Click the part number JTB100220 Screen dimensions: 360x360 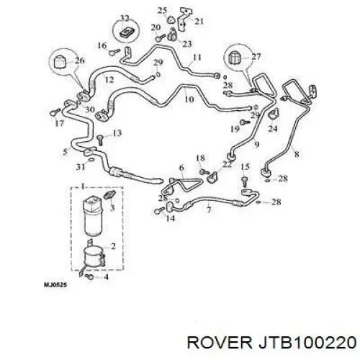click(307, 342)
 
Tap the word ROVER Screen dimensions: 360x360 click(220, 342)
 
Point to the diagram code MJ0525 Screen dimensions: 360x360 click(55, 285)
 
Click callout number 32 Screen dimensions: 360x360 click(125, 18)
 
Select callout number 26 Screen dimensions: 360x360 click(79, 60)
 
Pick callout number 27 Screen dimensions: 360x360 click(256, 57)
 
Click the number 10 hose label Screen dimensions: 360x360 click(189, 99)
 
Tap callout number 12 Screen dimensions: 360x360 click(109, 79)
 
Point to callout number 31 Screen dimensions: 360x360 click(81, 166)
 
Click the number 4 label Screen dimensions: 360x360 click(106, 277)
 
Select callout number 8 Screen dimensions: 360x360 click(297, 154)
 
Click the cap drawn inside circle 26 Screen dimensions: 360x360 click(60, 62)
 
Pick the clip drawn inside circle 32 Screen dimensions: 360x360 click(127, 32)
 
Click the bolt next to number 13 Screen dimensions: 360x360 click(100, 140)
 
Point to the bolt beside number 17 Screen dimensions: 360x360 click(55, 112)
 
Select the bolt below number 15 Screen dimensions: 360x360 click(244, 181)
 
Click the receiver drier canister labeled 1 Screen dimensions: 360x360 click(93, 216)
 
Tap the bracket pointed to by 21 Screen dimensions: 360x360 click(183, 20)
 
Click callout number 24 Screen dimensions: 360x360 click(273, 129)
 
